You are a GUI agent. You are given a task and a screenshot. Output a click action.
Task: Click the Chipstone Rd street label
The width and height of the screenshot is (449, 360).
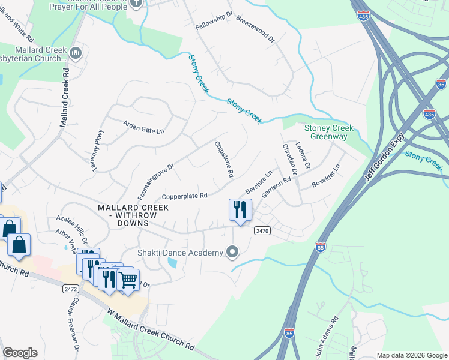(x=224, y=159)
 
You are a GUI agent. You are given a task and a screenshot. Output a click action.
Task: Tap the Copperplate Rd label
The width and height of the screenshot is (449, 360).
(x=185, y=196)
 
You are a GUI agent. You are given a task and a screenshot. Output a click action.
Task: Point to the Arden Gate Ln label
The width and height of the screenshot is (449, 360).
(x=143, y=127)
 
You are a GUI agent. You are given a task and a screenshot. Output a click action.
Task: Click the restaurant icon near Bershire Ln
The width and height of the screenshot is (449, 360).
(x=240, y=209)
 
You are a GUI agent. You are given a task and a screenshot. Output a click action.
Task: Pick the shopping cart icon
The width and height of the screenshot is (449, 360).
(x=128, y=279)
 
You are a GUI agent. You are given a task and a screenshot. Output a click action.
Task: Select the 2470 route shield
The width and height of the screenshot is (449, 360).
(x=262, y=230)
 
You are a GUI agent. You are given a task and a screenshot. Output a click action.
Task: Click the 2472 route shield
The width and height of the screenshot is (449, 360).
(x=70, y=289)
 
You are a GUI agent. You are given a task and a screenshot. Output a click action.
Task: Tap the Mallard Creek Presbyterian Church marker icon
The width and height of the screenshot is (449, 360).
(x=75, y=53)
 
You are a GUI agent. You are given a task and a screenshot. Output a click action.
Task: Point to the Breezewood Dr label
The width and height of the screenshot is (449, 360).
(x=255, y=29)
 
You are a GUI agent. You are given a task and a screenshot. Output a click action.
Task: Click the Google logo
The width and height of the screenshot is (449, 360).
(x=20, y=353)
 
